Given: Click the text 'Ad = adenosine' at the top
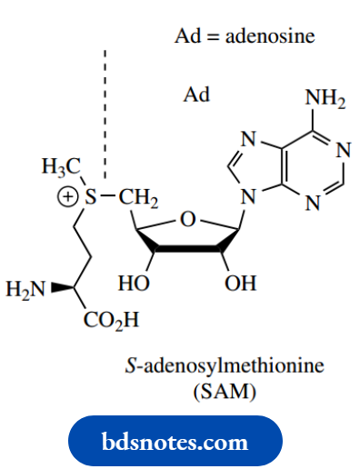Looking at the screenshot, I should (x=244, y=37).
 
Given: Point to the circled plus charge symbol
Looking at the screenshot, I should (x=65, y=195).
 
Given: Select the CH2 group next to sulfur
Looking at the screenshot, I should (x=137, y=196).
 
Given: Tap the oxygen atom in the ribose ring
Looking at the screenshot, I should (x=187, y=219).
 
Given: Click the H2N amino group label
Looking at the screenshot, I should (x=25, y=290).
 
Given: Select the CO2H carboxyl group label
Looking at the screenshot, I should (x=111, y=320).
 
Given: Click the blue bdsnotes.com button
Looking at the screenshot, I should (x=175, y=443).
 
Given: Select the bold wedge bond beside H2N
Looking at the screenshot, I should (x=62, y=288).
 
